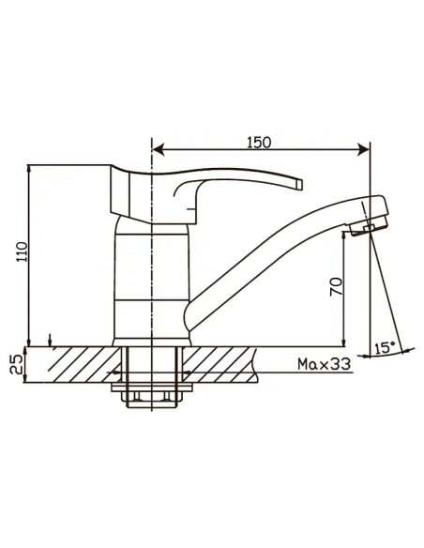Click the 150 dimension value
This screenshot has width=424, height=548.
pyautogui.click(x=259, y=143)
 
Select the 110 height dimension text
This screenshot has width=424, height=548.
pyautogui.click(x=22, y=251)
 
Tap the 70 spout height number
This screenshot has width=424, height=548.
pyautogui.click(x=336, y=286)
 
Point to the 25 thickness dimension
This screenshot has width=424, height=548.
pyautogui.click(x=16, y=364)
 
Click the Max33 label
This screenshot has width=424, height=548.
pyautogui.click(x=324, y=364)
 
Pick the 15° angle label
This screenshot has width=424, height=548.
pyautogui.click(x=385, y=348)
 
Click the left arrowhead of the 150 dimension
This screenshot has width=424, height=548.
pyautogui.click(x=159, y=150)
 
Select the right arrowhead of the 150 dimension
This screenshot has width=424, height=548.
pyautogui.click(x=364, y=150)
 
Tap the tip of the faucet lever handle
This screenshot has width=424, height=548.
pyautogui.click(x=300, y=184)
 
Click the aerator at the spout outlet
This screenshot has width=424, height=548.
pyautogui.click(x=369, y=226)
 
